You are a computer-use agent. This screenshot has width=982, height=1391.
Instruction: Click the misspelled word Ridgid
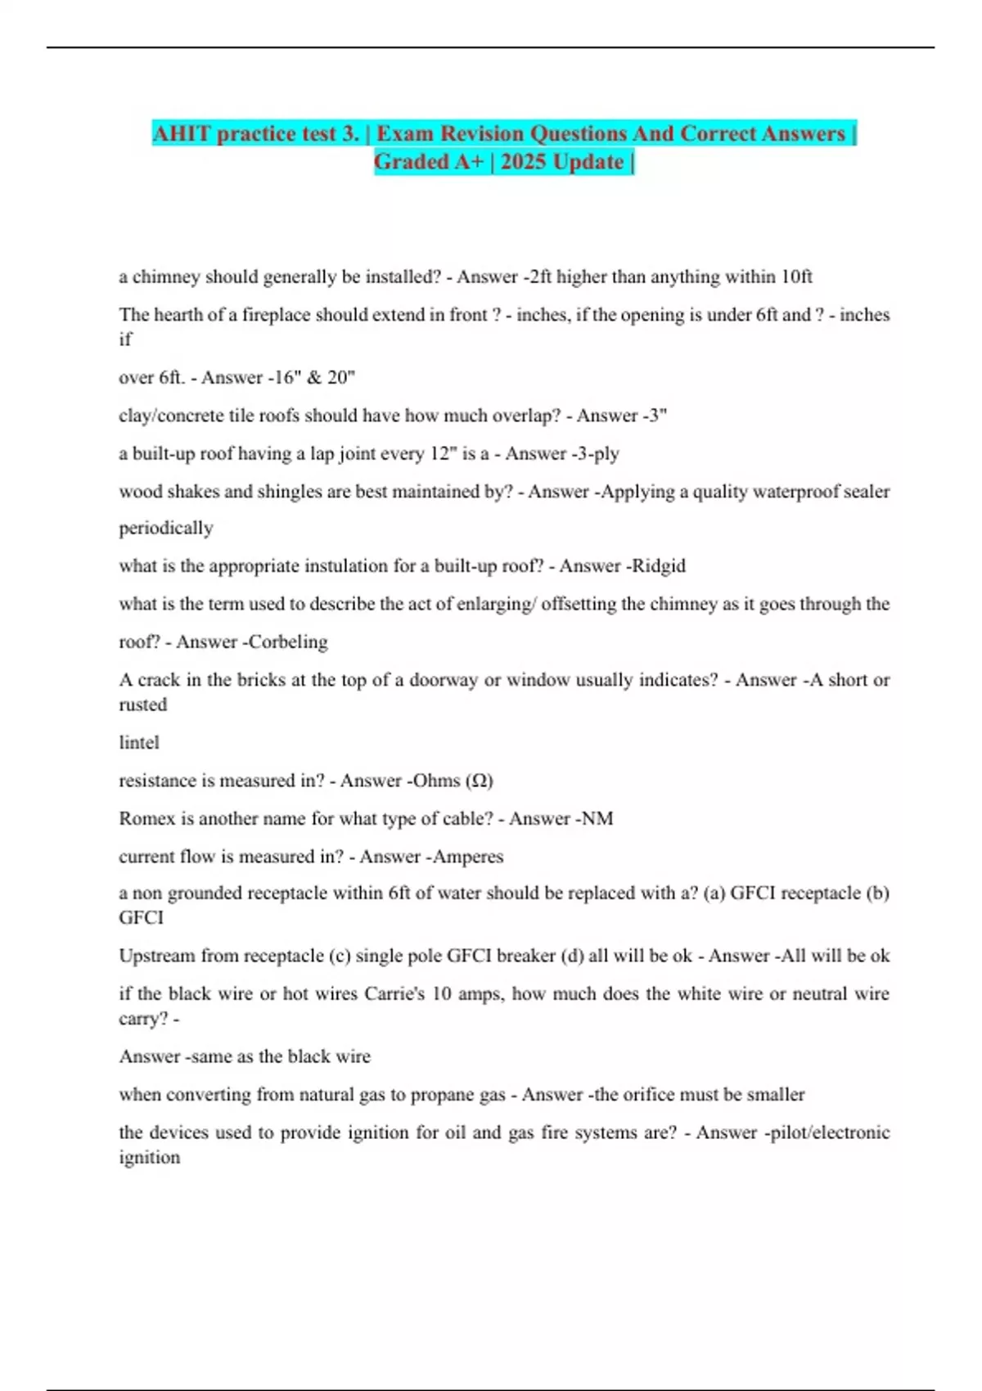[658, 565]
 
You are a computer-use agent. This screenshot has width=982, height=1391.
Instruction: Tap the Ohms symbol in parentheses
[480, 781]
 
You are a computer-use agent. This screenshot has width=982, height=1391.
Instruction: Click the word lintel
[139, 742]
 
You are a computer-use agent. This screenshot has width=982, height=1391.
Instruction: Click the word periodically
[166, 528]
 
